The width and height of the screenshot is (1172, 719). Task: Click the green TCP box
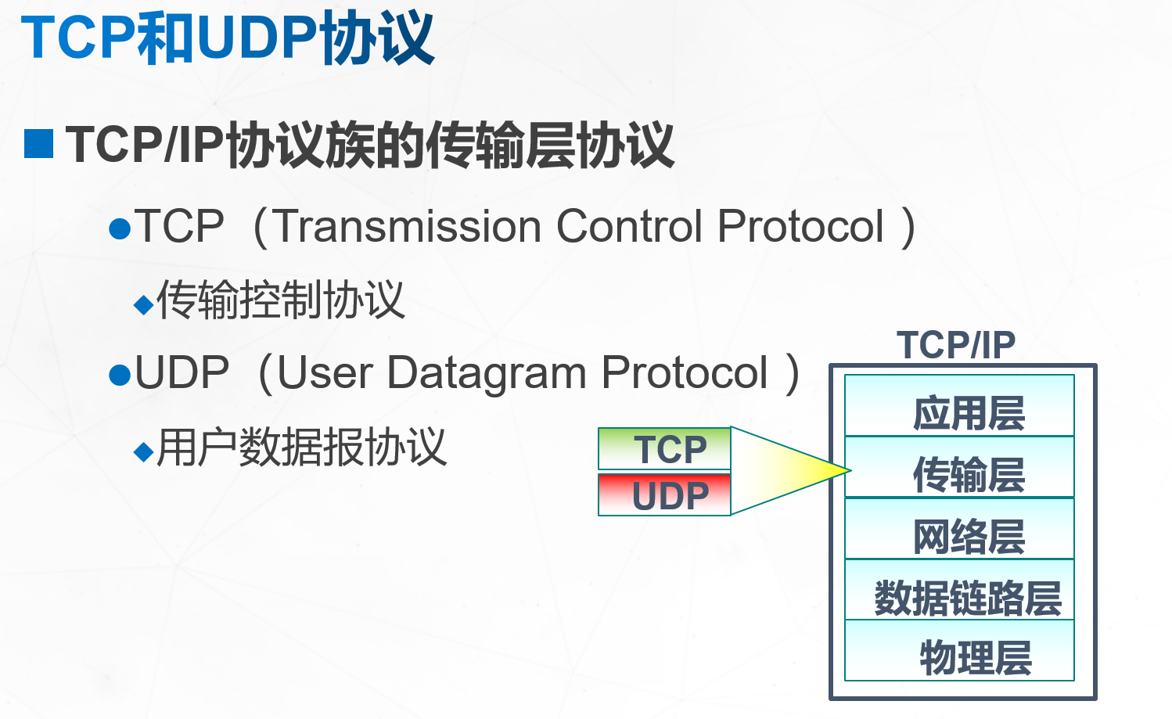[x=665, y=448]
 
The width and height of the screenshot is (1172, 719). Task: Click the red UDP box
[x=665, y=494]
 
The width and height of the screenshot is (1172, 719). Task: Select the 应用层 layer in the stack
[x=959, y=406]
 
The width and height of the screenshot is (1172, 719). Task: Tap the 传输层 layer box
[x=959, y=468]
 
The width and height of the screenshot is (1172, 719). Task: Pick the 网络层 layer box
[x=959, y=529]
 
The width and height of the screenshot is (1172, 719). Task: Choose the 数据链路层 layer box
[x=959, y=591]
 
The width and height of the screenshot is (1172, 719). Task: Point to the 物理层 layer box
[x=959, y=652]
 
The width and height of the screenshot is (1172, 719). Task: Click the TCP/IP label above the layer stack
[x=956, y=345]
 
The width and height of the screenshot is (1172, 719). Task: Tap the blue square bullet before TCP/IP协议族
[x=38, y=145]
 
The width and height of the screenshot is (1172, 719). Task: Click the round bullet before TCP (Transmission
[x=120, y=229]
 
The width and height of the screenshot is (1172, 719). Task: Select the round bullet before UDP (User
[x=120, y=376]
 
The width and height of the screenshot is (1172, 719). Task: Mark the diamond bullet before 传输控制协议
[x=143, y=304]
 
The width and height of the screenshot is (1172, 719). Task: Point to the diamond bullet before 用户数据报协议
[x=143, y=451]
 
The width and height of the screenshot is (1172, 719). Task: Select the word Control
[x=629, y=227]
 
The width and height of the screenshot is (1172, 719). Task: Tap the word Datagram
[x=487, y=373]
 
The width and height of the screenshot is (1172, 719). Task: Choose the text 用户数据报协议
[x=302, y=448]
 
